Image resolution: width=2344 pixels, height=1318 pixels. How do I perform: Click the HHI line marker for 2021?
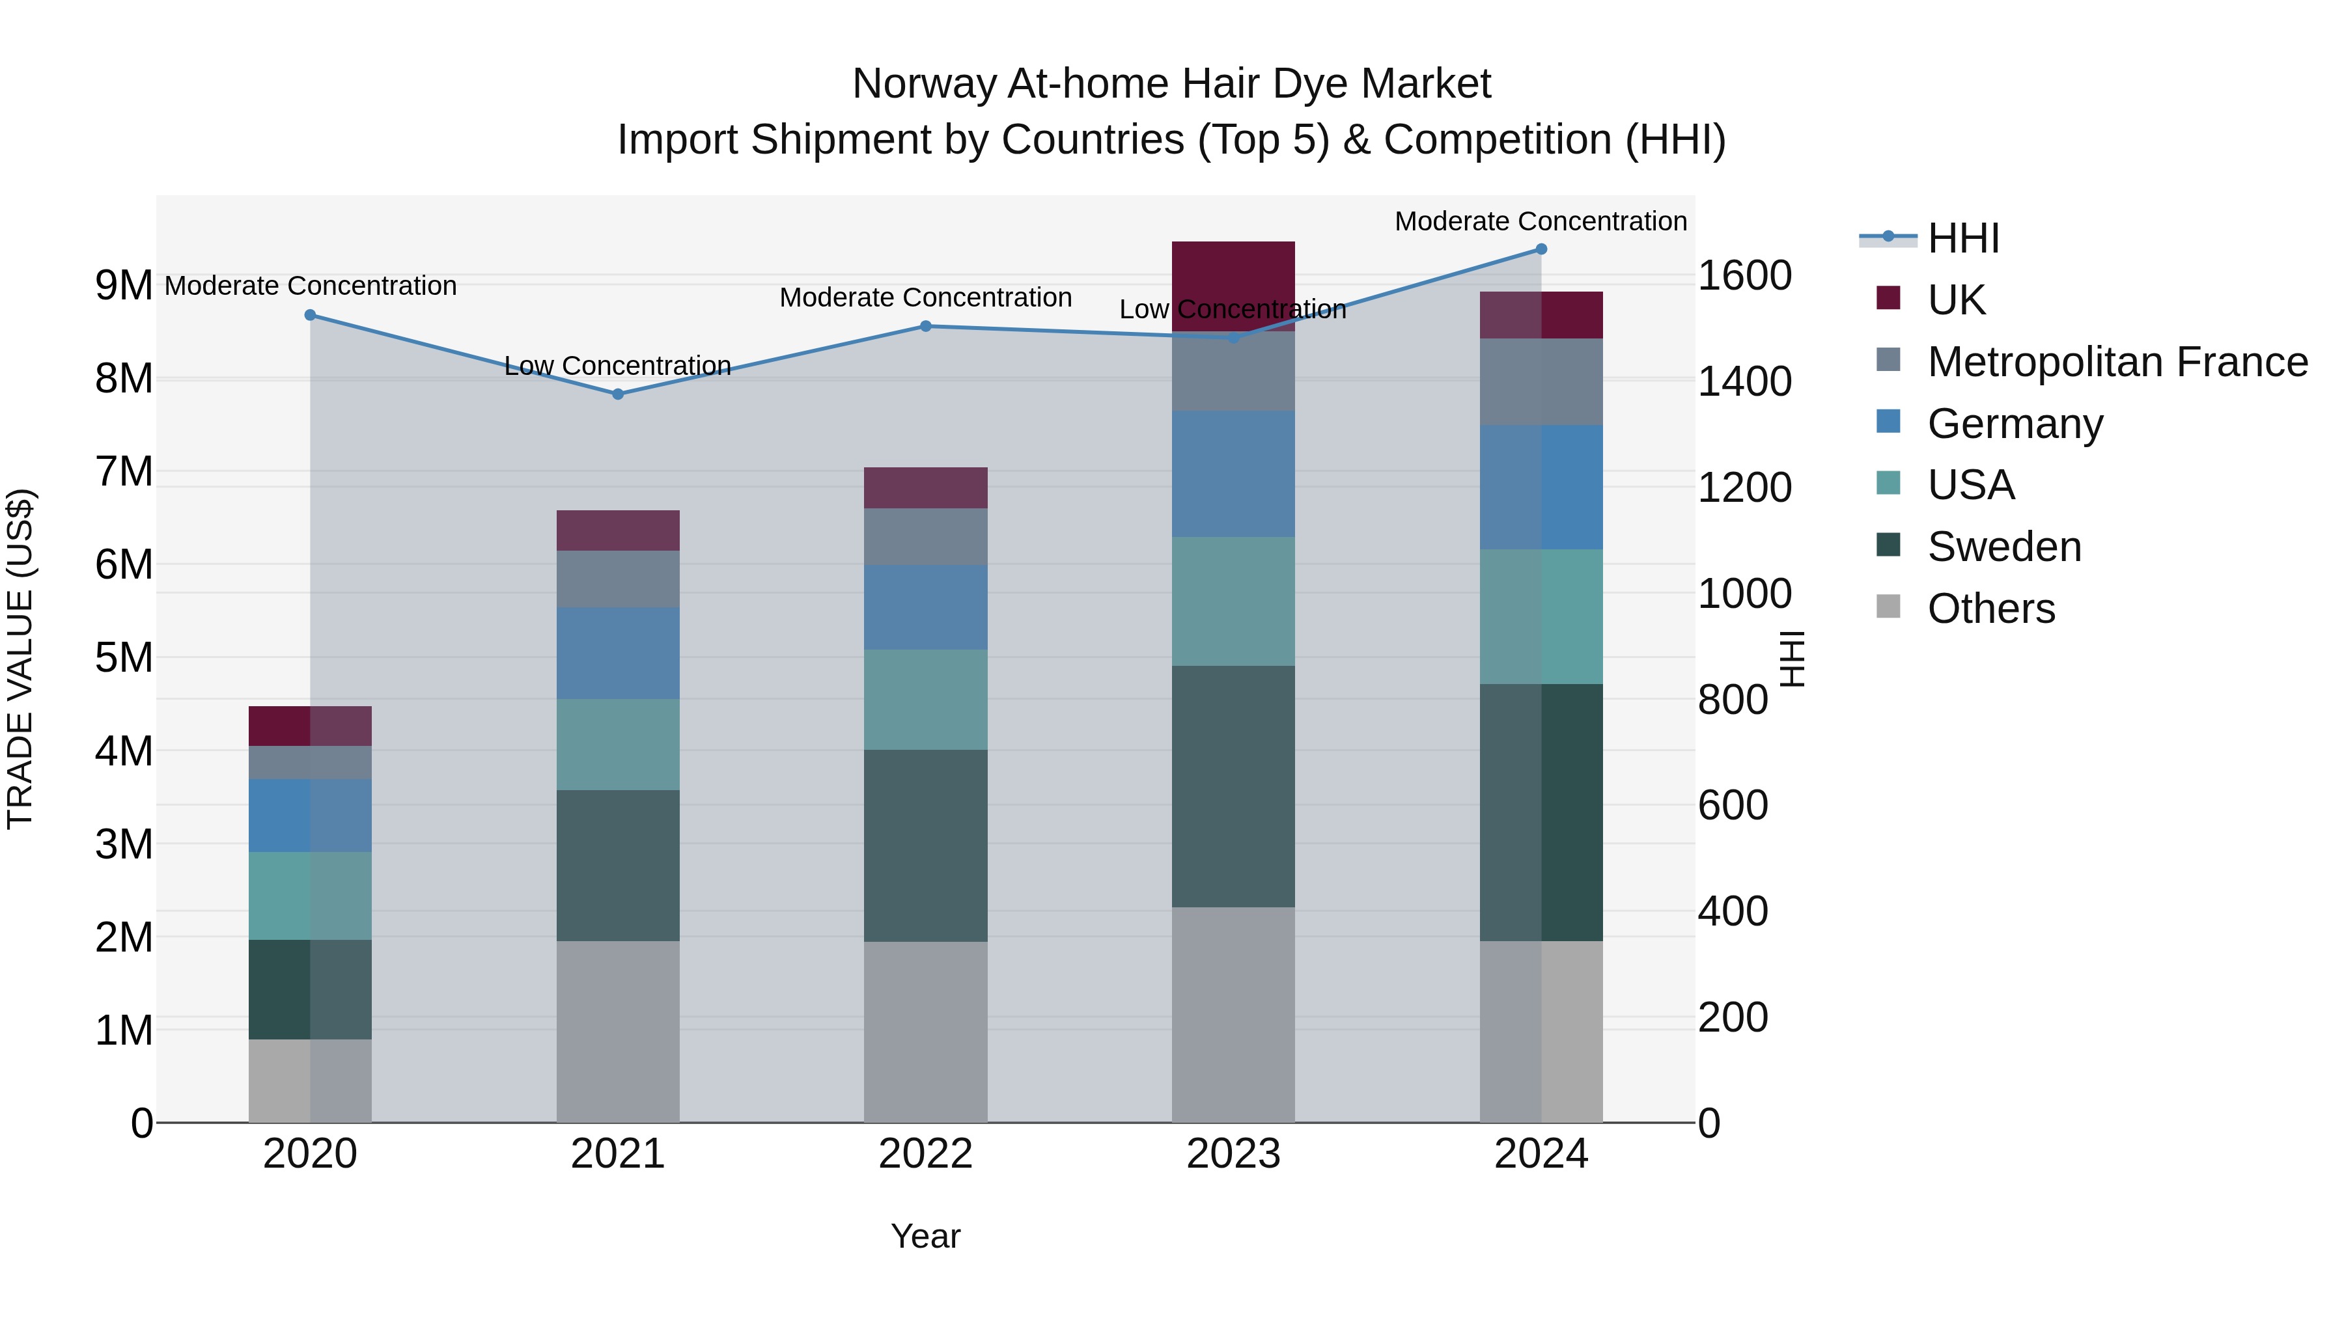tap(617, 394)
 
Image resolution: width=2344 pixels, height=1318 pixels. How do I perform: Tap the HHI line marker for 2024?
tap(1541, 249)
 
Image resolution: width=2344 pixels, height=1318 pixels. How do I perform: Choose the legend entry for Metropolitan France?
tap(2117, 362)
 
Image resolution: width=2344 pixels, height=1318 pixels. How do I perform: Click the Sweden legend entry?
tap(2003, 547)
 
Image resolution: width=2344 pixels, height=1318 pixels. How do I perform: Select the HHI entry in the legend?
tap(1962, 238)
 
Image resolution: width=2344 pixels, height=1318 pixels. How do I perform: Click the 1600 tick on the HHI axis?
tap(1744, 275)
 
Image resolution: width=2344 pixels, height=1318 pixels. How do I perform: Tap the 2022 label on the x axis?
tap(925, 1154)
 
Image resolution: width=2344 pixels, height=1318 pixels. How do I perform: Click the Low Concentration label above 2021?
tap(617, 366)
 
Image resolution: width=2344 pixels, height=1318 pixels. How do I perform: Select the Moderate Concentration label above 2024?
tap(1540, 221)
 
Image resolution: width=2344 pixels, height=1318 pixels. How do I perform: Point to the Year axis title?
tap(925, 1236)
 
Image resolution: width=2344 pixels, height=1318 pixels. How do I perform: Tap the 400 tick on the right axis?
tap(1733, 911)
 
